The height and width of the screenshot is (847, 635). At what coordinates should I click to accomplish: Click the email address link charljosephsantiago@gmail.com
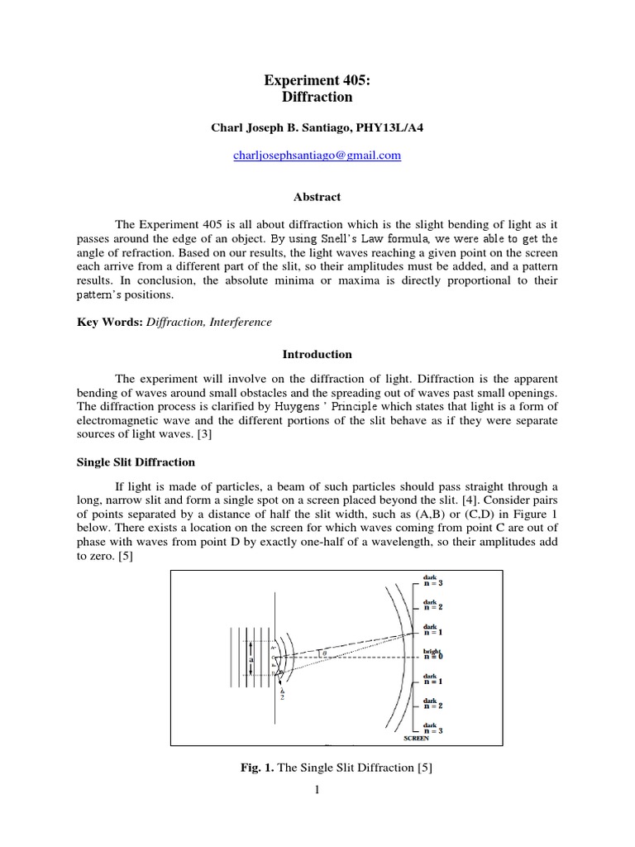tap(317, 156)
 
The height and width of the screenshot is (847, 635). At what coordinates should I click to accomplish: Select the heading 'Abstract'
tap(317, 197)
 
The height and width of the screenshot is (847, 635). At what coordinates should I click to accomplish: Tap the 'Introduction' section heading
tap(317, 354)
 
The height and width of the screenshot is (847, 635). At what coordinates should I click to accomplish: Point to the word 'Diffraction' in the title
tap(317, 97)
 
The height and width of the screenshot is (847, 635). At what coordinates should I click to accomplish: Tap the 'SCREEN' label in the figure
tap(429, 739)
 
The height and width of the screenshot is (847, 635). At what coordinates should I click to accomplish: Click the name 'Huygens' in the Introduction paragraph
tap(263, 406)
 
